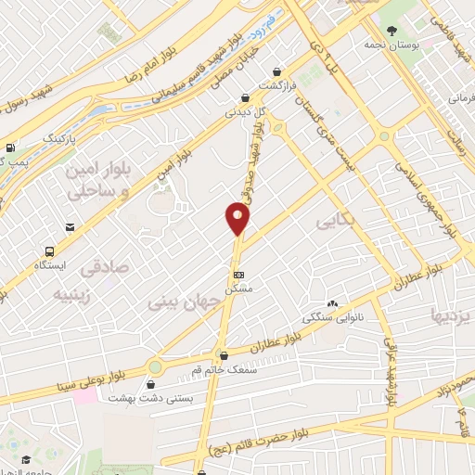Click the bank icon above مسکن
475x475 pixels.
coord(238,275)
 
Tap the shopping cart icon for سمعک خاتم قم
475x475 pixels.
coord(223,354)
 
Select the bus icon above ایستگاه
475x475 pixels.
coord(49,250)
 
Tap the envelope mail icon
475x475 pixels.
coord(70,227)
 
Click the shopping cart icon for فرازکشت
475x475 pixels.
coord(276,71)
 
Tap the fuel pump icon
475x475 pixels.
coord(9,147)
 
